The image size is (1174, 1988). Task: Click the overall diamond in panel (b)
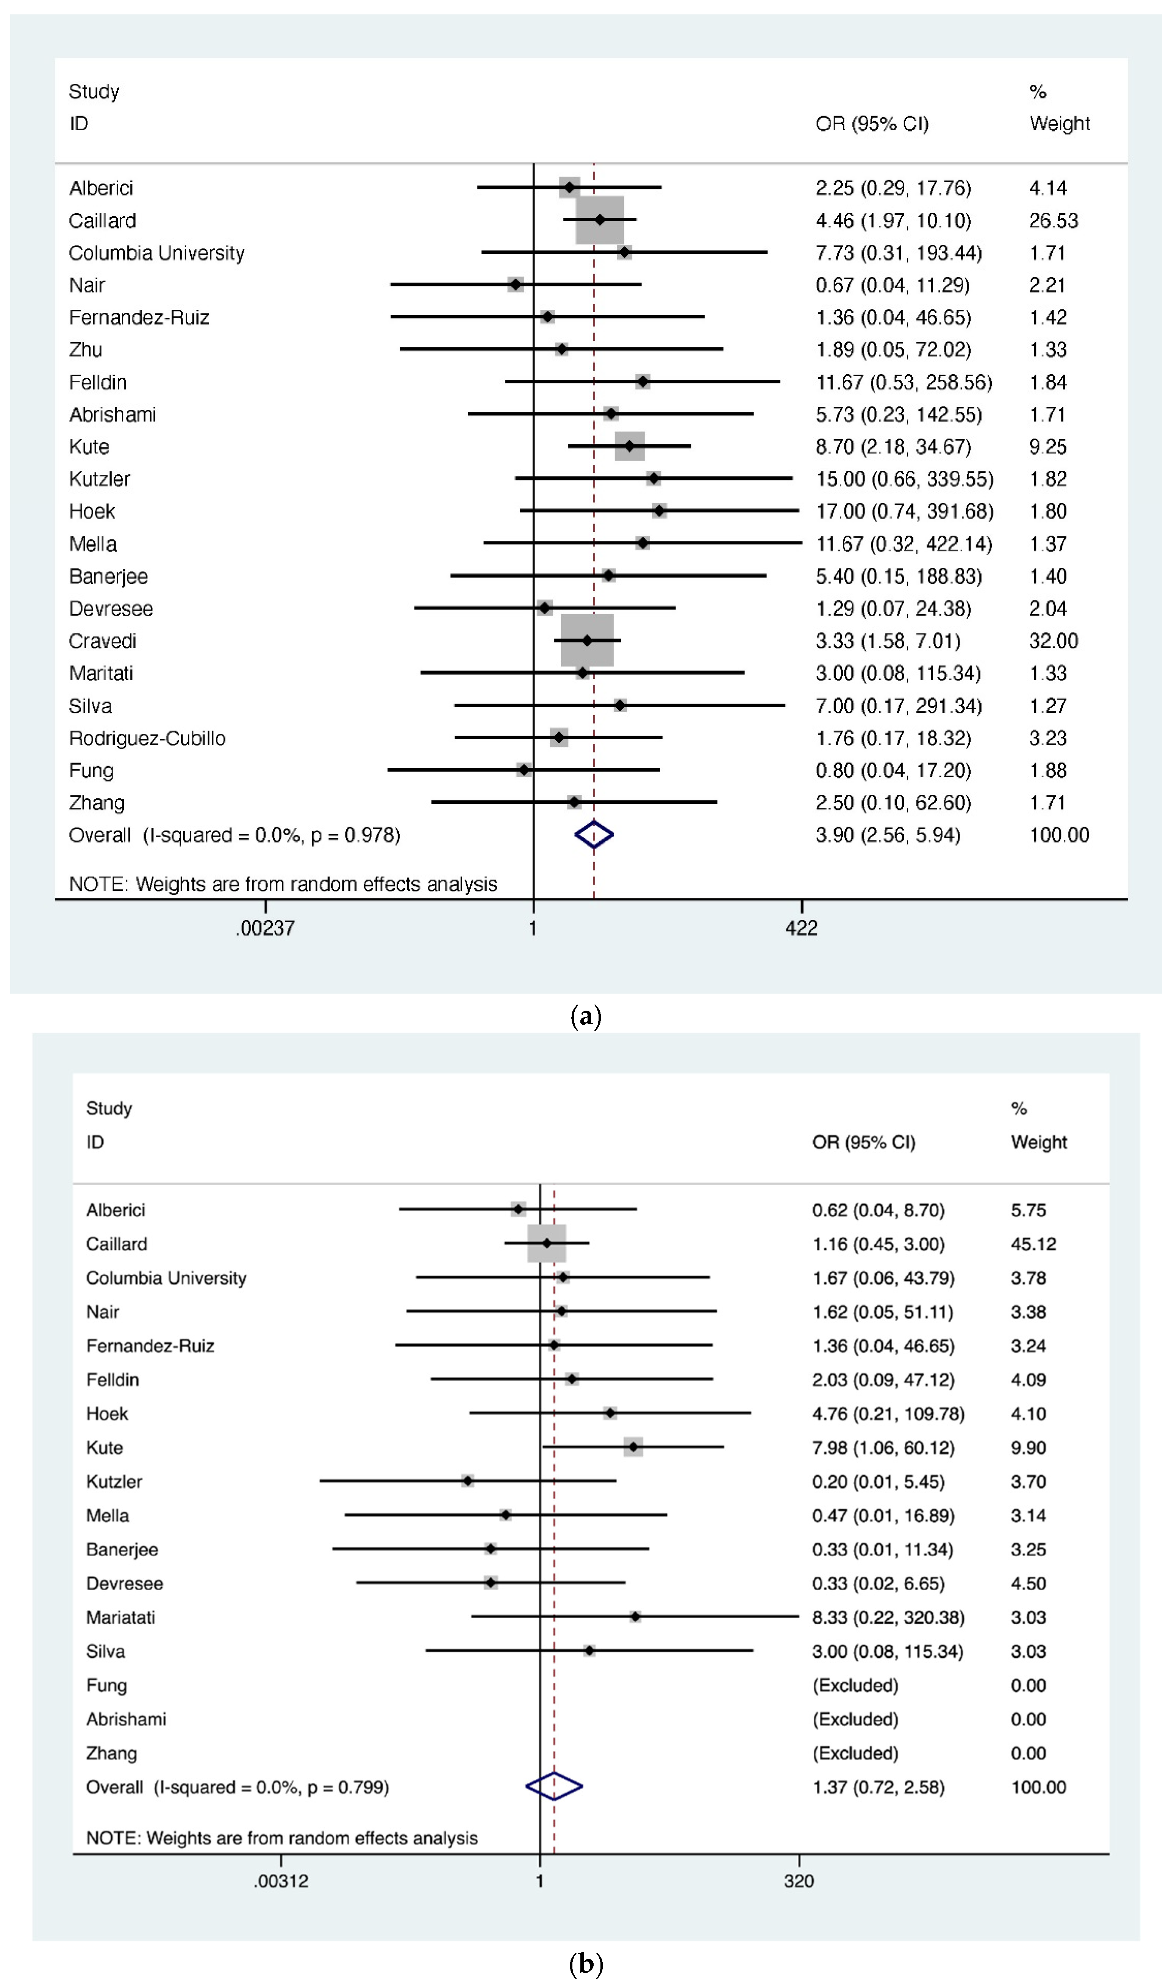pyautogui.click(x=554, y=1786)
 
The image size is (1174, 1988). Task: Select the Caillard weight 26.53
pyautogui.click(x=1053, y=221)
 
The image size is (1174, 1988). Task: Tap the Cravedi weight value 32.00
pyautogui.click(x=1053, y=641)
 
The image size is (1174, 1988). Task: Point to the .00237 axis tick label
pyautogui.click(x=265, y=928)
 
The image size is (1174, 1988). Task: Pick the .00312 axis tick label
pyautogui.click(x=281, y=1881)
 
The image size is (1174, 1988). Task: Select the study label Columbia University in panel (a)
pyautogui.click(x=156, y=253)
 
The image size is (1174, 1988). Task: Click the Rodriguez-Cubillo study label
pyautogui.click(x=147, y=738)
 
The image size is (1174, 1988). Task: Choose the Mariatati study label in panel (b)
pyautogui.click(x=120, y=1617)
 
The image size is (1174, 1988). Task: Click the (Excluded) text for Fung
pyautogui.click(x=855, y=1685)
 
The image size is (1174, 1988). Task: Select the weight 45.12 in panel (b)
pyautogui.click(x=1033, y=1244)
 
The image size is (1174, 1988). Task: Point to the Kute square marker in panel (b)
pyautogui.click(x=633, y=1447)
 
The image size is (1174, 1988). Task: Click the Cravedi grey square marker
pyautogui.click(x=587, y=640)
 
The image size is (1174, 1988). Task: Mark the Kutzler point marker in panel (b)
pyautogui.click(x=467, y=1480)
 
